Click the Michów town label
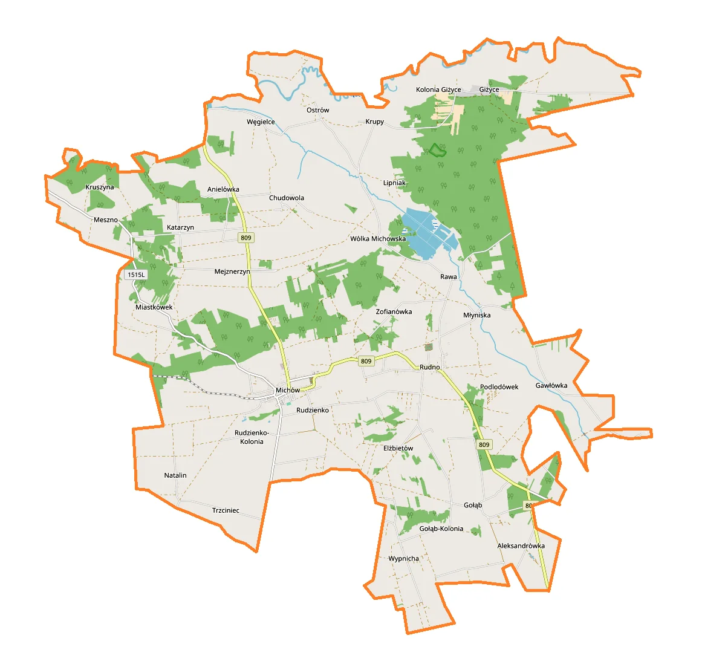[287, 390]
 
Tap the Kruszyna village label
[100, 187]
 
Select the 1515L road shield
[136, 275]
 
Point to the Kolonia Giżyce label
[438, 89]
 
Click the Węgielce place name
[261, 122]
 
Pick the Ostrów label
[317, 110]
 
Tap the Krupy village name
[374, 122]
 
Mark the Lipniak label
[394, 183]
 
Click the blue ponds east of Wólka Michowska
[428, 233]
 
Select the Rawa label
[449, 276]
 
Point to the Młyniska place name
[477, 315]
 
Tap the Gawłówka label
[551, 385]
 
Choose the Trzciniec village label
[226, 510]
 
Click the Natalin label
[175, 475]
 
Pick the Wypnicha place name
[403, 559]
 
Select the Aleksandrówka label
[521, 545]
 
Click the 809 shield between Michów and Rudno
[366, 361]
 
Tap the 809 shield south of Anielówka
[245, 238]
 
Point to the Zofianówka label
[394, 311]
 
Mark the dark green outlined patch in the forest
[437, 150]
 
